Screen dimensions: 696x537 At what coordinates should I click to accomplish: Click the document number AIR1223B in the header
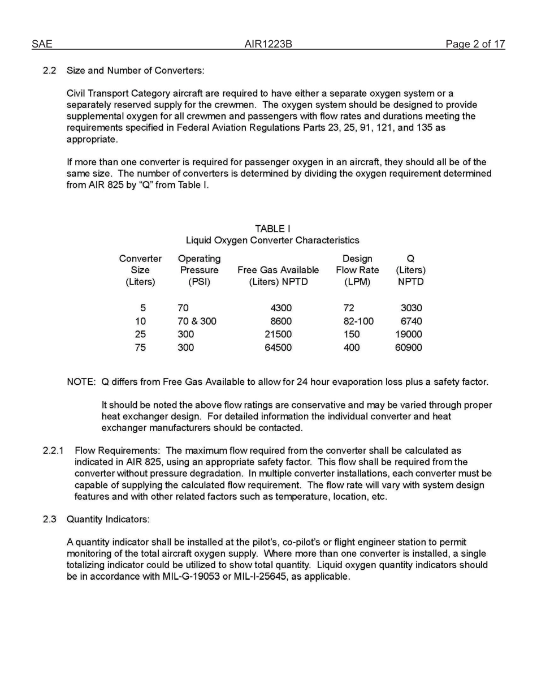(x=268, y=44)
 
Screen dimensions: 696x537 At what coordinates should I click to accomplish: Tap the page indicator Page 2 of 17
(x=475, y=44)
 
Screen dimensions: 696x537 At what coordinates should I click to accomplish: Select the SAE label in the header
(x=42, y=44)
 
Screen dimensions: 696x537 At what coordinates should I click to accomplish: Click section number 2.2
(x=50, y=71)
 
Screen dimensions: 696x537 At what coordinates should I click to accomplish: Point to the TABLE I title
(x=272, y=229)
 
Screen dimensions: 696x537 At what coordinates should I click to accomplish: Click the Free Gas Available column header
(x=278, y=270)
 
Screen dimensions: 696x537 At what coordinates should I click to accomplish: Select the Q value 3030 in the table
(x=410, y=308)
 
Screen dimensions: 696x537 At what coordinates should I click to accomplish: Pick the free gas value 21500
(x=278, y=334)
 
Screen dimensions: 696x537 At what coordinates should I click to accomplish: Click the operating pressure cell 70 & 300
(x=197, y=321)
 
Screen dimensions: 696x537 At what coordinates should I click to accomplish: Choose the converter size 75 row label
(x=140, y=347)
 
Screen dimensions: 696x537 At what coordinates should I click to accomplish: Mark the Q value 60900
(x=408, y=347)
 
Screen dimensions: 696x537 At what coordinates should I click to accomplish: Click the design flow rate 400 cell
(x=352, y=347)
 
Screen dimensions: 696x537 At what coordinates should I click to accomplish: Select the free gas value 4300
(x=281, y=308)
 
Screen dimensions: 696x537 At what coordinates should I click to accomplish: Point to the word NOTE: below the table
(x=81, y=382)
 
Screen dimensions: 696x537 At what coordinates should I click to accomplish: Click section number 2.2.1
(x=53, y=451)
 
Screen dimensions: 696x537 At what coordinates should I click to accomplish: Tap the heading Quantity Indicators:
(x=108, y=519)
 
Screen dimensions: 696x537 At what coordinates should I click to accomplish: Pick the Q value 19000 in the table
(x=408, y=334)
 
